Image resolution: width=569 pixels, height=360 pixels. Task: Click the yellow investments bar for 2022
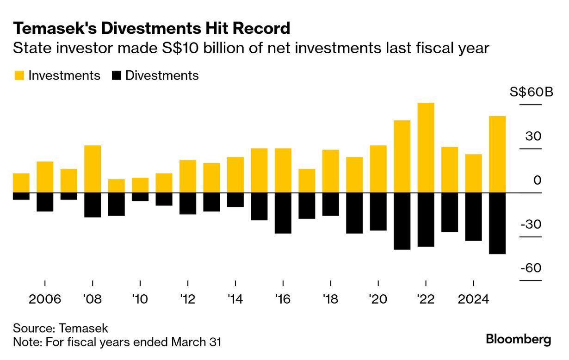pos(426,148)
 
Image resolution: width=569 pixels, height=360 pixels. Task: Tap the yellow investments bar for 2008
pos(93,169)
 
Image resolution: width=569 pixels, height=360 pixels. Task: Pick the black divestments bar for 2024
pos(473,217)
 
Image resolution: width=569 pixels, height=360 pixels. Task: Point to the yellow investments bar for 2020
pos(378,169)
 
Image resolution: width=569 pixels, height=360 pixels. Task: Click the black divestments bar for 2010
pos(140,197)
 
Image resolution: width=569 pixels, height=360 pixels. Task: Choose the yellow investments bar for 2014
pos(235,175)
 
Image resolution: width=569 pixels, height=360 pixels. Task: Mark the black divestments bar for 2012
pos(188,204)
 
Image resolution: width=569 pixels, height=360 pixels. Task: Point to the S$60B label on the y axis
pos(531,92)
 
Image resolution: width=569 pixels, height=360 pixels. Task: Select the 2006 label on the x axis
pos(45,299)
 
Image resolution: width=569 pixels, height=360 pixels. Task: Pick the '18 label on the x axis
pos(330,299)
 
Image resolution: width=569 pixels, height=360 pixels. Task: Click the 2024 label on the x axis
pos(473,299)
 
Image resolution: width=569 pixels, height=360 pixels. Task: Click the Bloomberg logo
pos(519,340)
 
